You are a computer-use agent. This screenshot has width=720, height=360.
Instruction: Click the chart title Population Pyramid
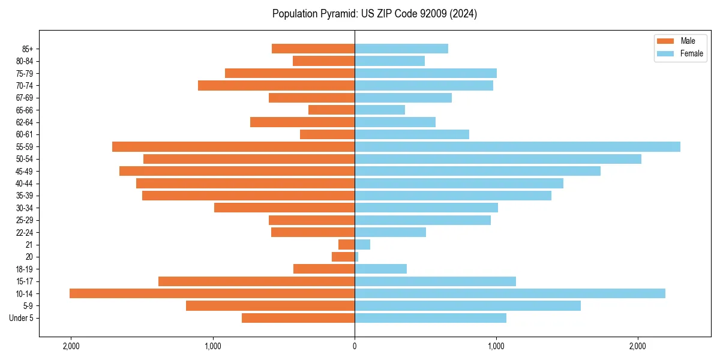(x=374, y=14)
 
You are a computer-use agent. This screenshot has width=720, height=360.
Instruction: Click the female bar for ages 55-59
(x=517, y=146)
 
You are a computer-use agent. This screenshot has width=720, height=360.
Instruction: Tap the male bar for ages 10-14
(x=212, y=293)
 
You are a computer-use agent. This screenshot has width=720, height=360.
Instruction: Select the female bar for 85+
(x=401, y=49)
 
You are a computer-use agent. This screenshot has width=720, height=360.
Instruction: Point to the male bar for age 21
(x=347, y=245)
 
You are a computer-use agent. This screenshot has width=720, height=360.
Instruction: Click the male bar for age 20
(x=343, y=257)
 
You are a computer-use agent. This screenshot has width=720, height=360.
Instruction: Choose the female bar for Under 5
(x=430, y=318)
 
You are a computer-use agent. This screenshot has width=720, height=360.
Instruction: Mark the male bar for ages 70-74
(x=276, y=86)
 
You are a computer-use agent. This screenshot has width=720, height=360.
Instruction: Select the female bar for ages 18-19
(x=380, y=269)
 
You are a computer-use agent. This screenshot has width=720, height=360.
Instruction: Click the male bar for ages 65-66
(x=331, y=110)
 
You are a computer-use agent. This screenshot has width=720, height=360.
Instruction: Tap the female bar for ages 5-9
(x=467, y=305)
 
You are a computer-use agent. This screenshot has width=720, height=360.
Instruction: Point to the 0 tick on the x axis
(x=355, y=346)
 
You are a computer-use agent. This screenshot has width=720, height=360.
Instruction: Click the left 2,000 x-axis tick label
(x=71, y=346)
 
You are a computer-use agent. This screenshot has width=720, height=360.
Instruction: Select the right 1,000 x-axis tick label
(x=496, y=346)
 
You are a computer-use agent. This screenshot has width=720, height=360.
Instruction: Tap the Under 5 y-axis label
(x=21, y=318)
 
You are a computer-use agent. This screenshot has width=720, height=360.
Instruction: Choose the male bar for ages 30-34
(x=284, y=208)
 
